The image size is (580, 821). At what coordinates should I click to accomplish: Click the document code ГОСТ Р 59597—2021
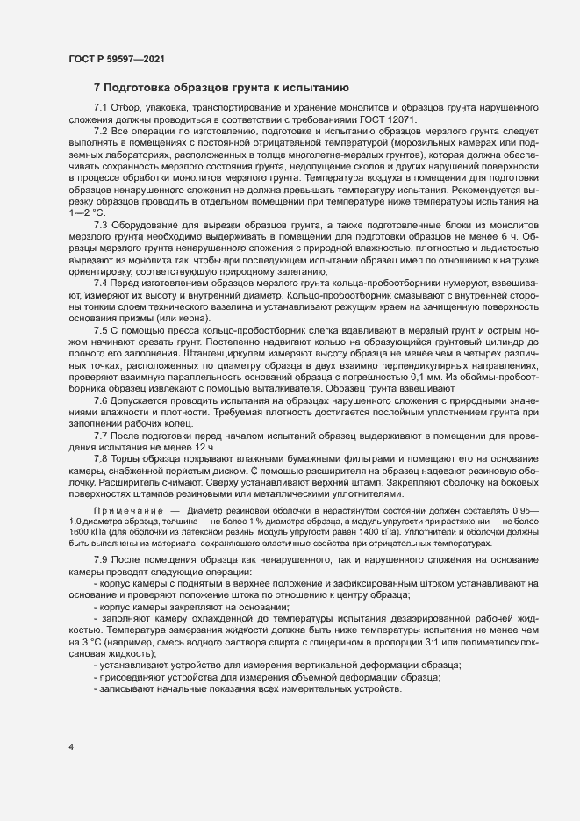(116, 60)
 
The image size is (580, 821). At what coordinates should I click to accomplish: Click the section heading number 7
(97, 88)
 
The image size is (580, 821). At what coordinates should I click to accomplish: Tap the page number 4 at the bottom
(70, 747)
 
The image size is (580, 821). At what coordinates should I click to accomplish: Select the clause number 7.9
(101, 559)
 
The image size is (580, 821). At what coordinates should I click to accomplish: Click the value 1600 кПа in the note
(88, 530)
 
